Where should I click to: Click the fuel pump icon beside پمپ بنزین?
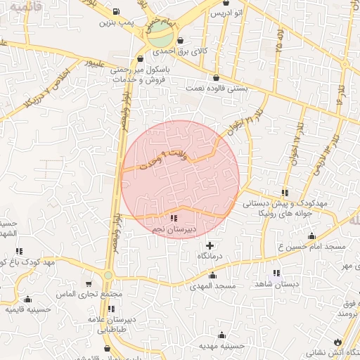pos(115,12)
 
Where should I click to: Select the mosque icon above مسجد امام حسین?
pos(311,236)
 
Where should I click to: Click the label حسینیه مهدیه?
pos(221,346)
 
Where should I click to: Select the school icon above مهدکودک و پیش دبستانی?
pos(285,193)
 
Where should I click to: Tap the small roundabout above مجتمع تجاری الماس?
pos(108,275)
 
